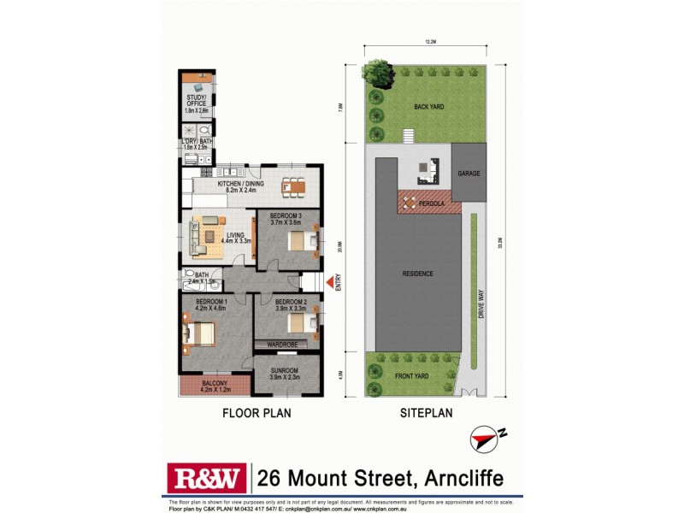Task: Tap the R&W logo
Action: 206,477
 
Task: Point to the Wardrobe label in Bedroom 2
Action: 281,345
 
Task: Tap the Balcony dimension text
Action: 214,390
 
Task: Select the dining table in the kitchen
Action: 292,185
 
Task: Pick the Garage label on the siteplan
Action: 468,173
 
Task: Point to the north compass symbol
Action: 484,439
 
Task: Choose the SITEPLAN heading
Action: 424,412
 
